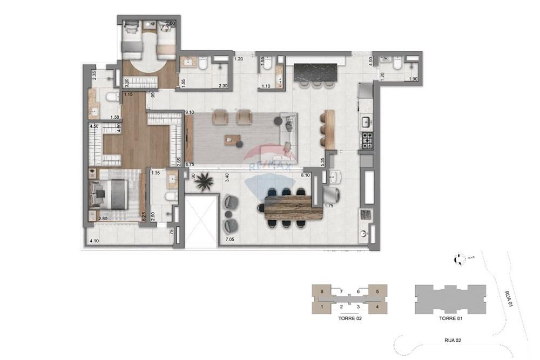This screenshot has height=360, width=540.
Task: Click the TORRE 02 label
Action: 349,319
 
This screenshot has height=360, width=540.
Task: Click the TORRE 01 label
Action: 449,319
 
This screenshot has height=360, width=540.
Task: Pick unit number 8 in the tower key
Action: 322,292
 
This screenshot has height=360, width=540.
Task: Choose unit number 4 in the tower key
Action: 377,307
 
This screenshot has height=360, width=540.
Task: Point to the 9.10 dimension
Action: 190,112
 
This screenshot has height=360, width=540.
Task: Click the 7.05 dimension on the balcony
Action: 230,239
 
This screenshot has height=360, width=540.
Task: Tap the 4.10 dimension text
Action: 93,241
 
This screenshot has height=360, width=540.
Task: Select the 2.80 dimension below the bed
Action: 103,219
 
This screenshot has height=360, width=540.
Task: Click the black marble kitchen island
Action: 315,72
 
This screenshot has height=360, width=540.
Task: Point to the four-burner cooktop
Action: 367,140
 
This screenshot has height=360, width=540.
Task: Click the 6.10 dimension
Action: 305,175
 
